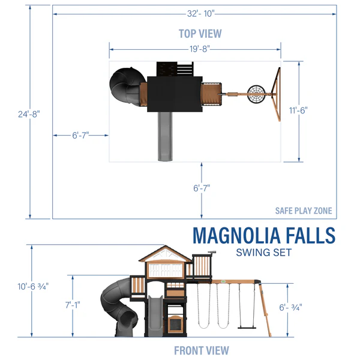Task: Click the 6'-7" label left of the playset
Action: click(80, 136)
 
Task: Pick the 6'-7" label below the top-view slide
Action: click(202, 188)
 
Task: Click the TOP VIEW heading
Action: click(200, 33)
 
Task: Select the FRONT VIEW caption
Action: click(201, 350)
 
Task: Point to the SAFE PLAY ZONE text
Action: click(303, 211)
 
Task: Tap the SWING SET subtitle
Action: click(263, 252)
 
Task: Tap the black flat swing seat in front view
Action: click(245, 328)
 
